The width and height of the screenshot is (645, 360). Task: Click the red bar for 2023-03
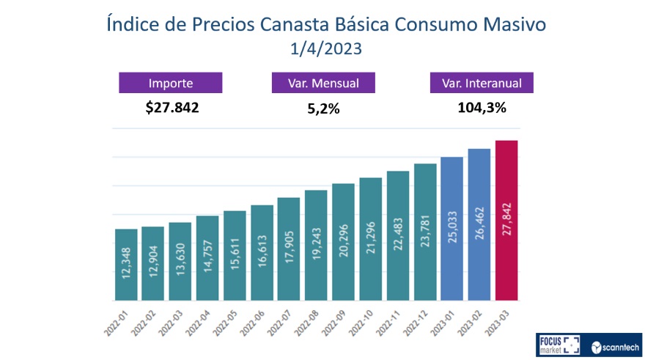pyautogui.click(x=506, y=220)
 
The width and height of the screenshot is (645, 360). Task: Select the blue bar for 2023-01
pyautogui.click(x=452, y=229)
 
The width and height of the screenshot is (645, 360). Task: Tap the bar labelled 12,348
pyautogui.click(x=126, y=265)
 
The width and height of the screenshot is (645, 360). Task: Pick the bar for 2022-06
pyautogui.click(x=262, y=252)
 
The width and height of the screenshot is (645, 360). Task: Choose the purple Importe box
pyautogui.click(x=171, y=83)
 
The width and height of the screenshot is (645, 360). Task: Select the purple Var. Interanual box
pyautogui.click(x=481, y=83)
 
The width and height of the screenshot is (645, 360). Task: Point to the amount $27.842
pyautogui.click(x=172, y=108)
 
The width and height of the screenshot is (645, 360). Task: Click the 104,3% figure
pyautogui.click(x=482, y=108)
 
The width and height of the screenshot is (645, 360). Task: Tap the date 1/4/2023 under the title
pyautogui.click(x=322, y=51)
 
